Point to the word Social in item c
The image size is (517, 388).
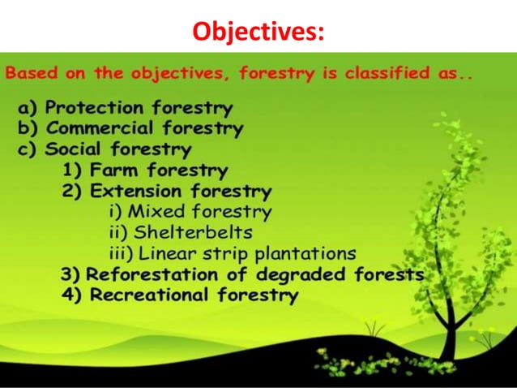(75, 149)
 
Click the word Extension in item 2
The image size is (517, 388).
(136, 192)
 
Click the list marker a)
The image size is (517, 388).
(29, 107)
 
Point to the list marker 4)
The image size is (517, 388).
(73, 295)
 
